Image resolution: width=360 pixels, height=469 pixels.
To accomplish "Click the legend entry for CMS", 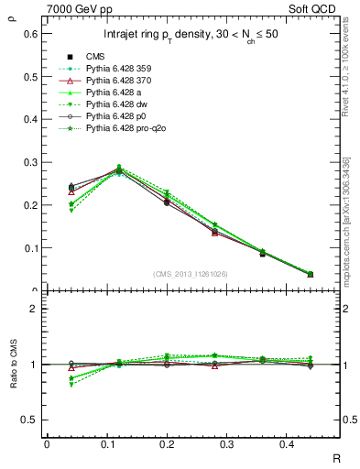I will (96, 56).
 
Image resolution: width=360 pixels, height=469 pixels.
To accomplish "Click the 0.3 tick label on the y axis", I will (29, 162).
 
